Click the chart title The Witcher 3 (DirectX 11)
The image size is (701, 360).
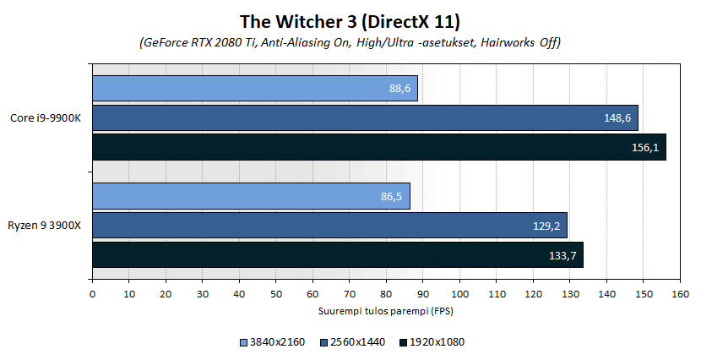point(350,20)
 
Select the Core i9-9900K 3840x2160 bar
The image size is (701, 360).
point(254,88)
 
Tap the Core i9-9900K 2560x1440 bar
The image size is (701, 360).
point(364,117)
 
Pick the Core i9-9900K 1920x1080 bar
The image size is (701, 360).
point(378,147)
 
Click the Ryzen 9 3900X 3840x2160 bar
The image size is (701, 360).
point(251,195)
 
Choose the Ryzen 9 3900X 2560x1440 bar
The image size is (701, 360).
point(329,225)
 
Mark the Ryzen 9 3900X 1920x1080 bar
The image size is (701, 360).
point(337,254)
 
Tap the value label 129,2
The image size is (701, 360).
point(546,225)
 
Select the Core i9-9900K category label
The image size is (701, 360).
point(47,117)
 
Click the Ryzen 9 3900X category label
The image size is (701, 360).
point(46,225)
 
